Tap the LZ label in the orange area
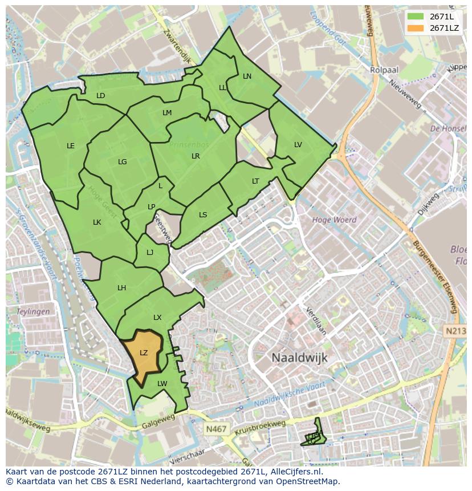(144, 353)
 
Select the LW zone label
(162, 384)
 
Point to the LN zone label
(247, 76)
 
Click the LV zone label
(298, 145)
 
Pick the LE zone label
(71, 146)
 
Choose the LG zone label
(123, 162)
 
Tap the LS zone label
(203, 215)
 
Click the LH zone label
(121, 288)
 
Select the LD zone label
(101, 96)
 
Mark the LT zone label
(255, 181)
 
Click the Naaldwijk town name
(299, 358)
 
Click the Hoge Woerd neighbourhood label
(334, 220)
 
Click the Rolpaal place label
(384, 70)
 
